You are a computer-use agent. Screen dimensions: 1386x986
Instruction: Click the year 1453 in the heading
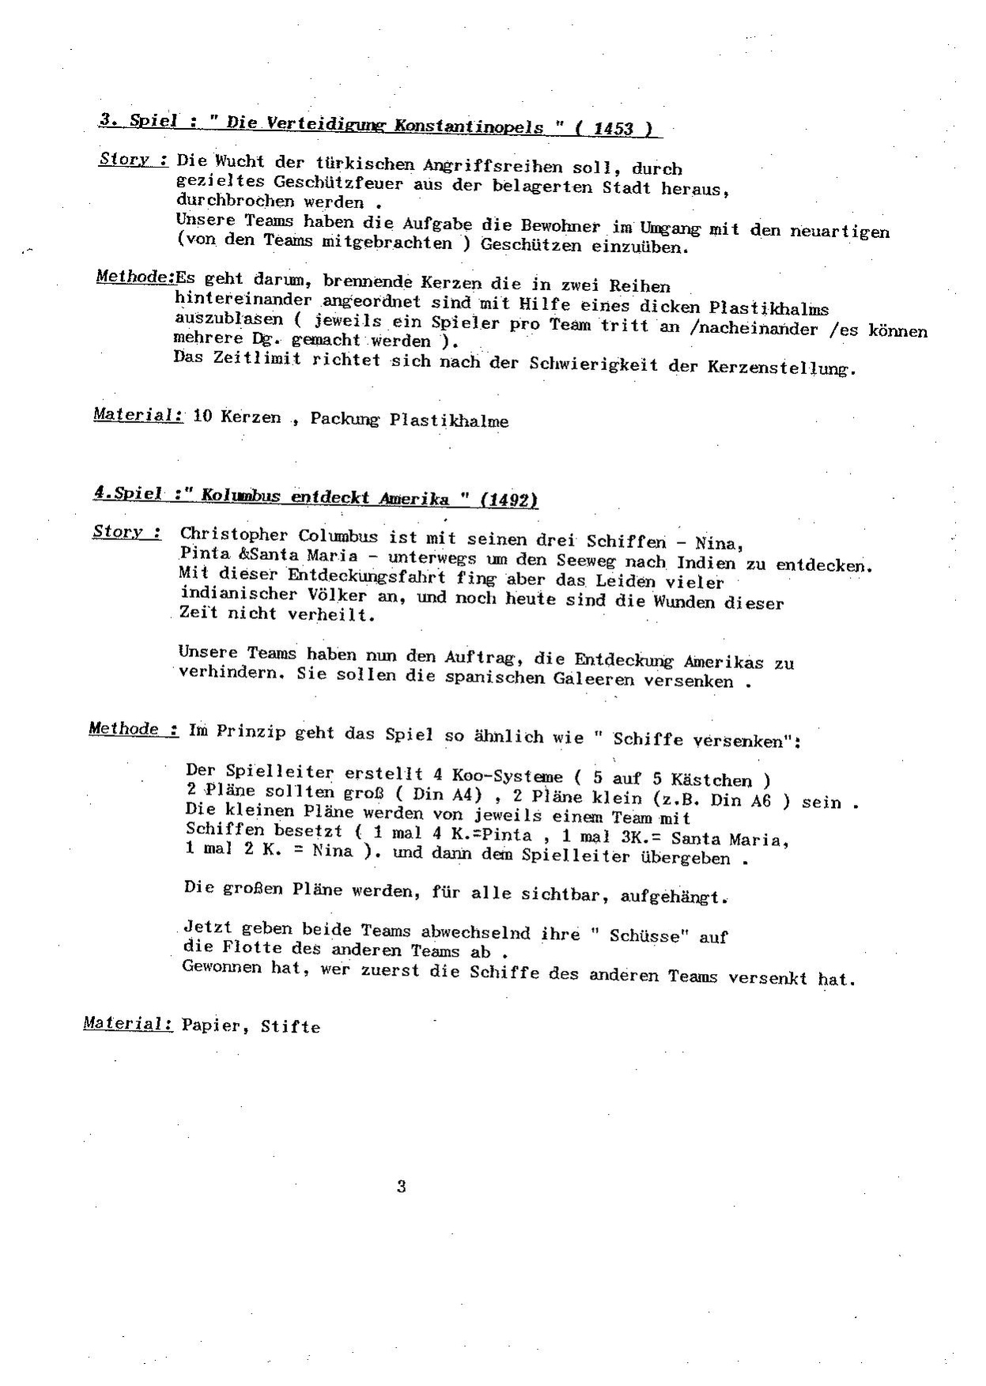pos(615,128)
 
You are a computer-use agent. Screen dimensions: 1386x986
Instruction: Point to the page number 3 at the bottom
pos(402,1186)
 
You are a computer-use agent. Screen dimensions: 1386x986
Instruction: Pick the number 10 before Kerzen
pos(202,416)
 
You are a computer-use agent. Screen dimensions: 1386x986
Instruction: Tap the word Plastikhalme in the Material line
pos(448,421)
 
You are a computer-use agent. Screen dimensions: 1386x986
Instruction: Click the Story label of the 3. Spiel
pos(131,159)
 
